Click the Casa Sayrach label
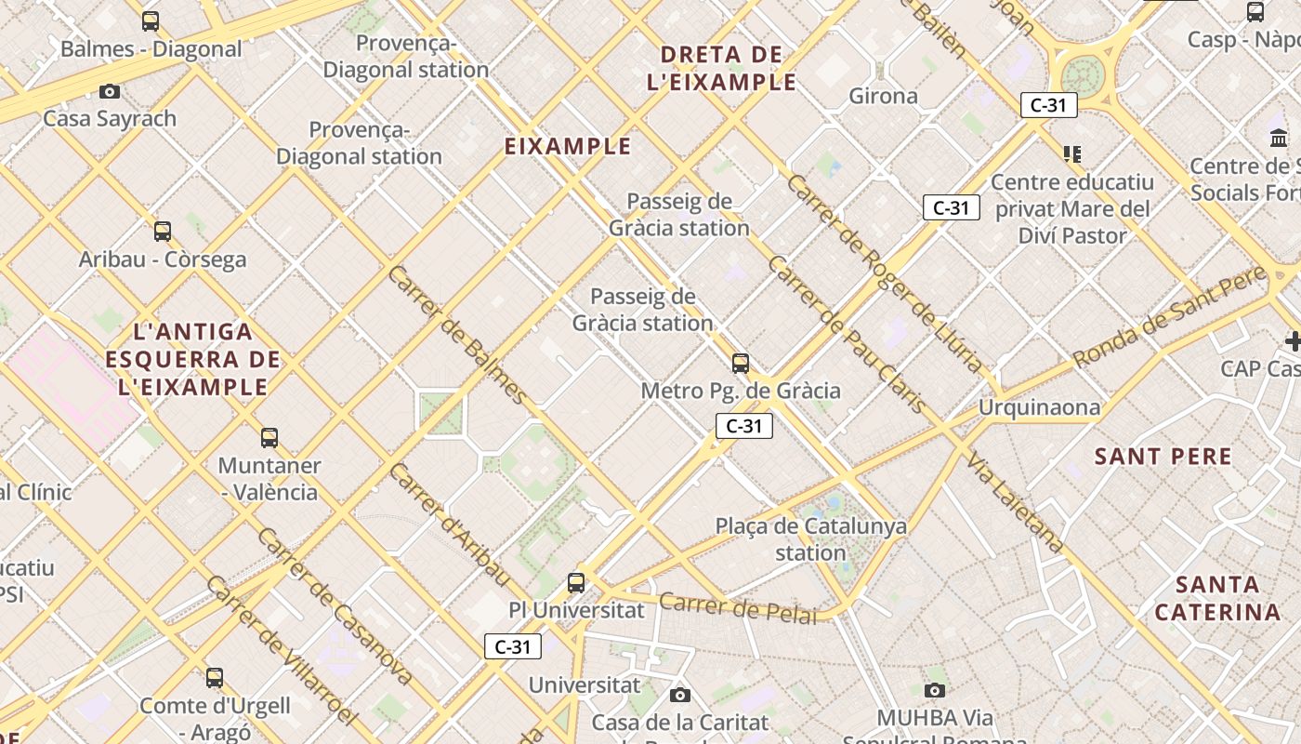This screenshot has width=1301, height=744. (110, 118)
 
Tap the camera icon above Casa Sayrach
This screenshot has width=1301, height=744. (110, 91)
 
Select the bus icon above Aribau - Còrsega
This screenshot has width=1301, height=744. (163, 231)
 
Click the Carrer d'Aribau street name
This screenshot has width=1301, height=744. (449, 524)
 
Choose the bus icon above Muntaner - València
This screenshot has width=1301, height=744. (269, 437)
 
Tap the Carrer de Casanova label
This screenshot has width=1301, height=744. (334, 605)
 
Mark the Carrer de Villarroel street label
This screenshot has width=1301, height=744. (281, 650)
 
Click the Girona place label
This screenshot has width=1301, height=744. (883, 96)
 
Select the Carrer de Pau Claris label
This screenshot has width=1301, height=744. (846, 335)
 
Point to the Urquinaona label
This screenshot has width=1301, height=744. (1039, 407)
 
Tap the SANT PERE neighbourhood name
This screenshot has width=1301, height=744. (1163, 457)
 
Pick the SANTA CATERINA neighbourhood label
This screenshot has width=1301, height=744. (1218, 598)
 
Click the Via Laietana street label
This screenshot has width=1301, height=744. (1014, 502)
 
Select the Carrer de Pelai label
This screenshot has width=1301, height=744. (738, 608)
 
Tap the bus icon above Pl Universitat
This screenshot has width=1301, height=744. (576, 583)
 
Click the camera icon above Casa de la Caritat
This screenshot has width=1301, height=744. (680, 695)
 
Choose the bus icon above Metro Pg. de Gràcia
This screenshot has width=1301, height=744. (741, 363)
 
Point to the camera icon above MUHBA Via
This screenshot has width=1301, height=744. (935, 690)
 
